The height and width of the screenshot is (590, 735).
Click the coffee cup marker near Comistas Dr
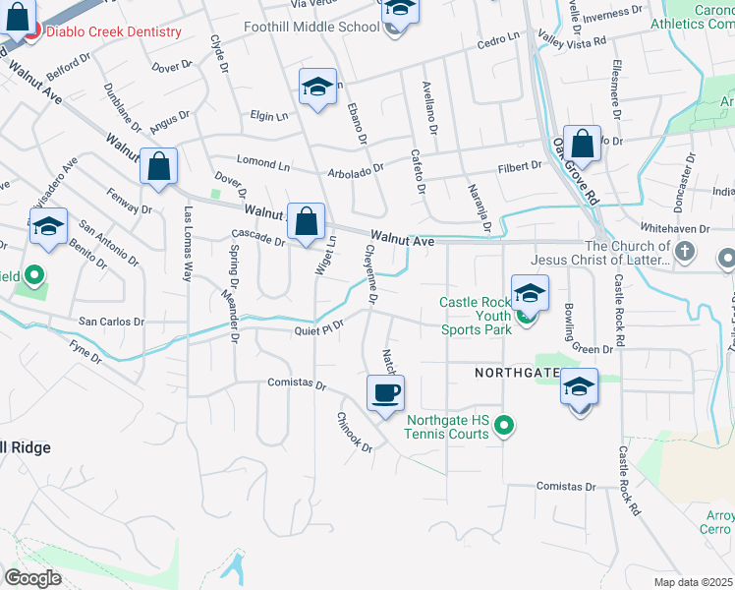click(385, 392)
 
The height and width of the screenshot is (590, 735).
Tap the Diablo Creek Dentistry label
click(114, 31)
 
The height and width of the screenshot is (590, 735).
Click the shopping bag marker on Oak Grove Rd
click(582, 144)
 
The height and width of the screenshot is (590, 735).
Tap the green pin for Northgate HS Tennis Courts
click(504, 426)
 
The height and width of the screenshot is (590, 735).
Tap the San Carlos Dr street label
click(111, 322)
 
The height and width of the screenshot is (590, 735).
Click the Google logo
click(32, 578)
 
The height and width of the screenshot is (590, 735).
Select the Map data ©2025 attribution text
click(694, 582)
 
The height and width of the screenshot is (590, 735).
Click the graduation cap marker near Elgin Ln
click(317, 87)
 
